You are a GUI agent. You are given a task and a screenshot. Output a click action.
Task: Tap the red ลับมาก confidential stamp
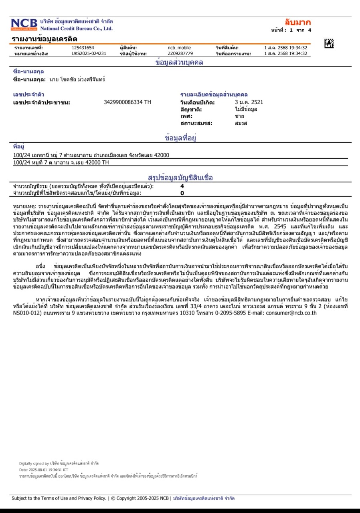point(297,22)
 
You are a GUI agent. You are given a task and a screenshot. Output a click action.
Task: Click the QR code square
point(329,43)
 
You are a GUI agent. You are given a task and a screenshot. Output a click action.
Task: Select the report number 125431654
point(83,48)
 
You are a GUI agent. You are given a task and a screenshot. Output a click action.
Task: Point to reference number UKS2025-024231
point(89,53)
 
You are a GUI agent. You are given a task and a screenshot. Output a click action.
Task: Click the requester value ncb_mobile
point(179,48)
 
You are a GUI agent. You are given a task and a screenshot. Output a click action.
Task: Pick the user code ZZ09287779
point(180,53)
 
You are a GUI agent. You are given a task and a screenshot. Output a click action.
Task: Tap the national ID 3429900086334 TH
point(127,102)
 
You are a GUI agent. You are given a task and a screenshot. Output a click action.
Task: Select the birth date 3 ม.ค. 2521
point(249,102)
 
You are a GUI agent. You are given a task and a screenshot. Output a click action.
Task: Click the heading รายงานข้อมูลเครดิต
point(44,39)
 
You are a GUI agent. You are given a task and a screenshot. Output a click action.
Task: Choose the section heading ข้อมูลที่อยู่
point(180,138)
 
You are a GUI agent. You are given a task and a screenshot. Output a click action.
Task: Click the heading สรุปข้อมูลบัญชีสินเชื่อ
point(180,178)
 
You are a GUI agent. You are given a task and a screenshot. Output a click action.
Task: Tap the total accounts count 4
point(182,186)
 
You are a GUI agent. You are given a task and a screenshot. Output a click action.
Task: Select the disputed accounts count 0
point(182,193)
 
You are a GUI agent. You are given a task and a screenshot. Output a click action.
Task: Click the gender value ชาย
point(240,116)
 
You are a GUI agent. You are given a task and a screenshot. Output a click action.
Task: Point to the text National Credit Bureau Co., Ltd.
point(77,28)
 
